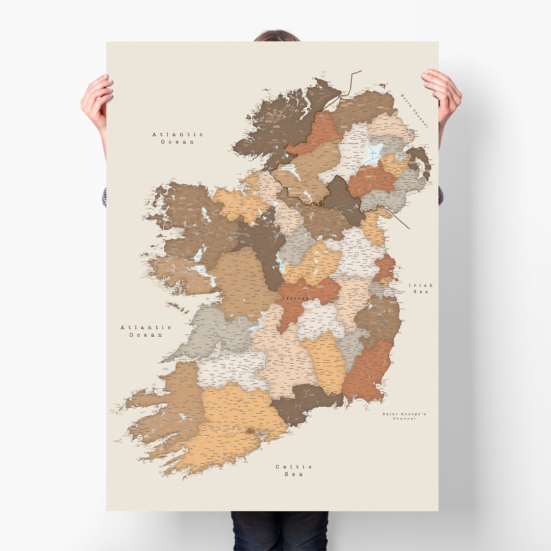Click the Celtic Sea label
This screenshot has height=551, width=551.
294,470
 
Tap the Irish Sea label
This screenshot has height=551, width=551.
421,288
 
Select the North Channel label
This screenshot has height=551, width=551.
415,110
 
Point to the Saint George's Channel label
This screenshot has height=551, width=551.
404,416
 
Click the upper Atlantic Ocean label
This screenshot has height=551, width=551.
178,138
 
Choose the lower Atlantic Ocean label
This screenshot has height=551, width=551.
146,331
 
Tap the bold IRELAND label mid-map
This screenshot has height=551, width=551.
295,298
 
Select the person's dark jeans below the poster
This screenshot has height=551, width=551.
279,531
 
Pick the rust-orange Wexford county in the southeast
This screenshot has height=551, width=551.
367,372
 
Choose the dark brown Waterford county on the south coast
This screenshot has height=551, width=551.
306,400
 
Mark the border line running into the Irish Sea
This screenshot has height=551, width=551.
398,217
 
